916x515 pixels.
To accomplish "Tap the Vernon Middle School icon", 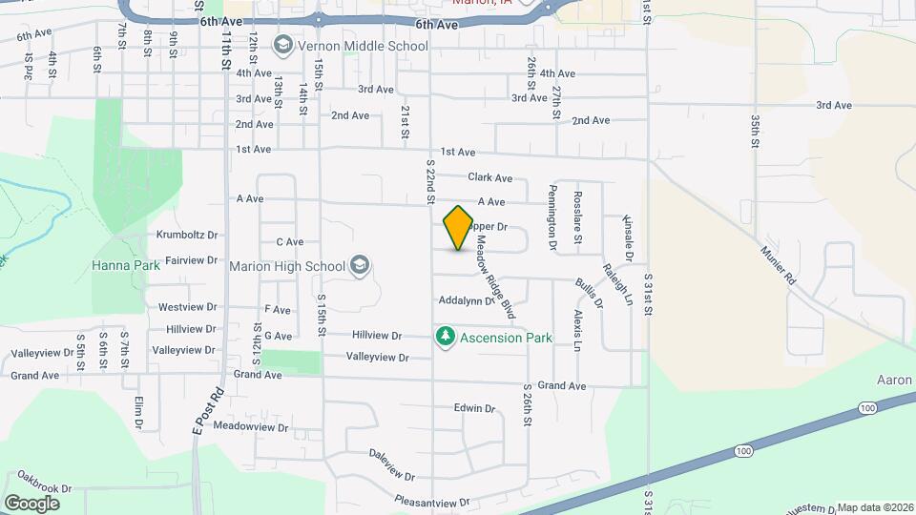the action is (x=282, y=45).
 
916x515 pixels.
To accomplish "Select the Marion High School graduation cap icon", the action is (x=360, y=265).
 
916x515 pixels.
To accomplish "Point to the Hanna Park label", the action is (x=126, y=265).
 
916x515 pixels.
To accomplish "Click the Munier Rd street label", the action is (x=777, y=265).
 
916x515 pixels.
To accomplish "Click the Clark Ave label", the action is (x=489, y=177).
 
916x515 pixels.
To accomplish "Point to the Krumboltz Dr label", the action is (x=187, y=234).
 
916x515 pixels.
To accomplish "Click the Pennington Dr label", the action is (x=552, y=218).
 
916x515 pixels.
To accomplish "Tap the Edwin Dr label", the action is (x=474, y=408).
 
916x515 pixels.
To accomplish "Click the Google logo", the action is (x=31, y=503).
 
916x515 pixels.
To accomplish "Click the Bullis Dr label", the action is (x=589, y=293).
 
